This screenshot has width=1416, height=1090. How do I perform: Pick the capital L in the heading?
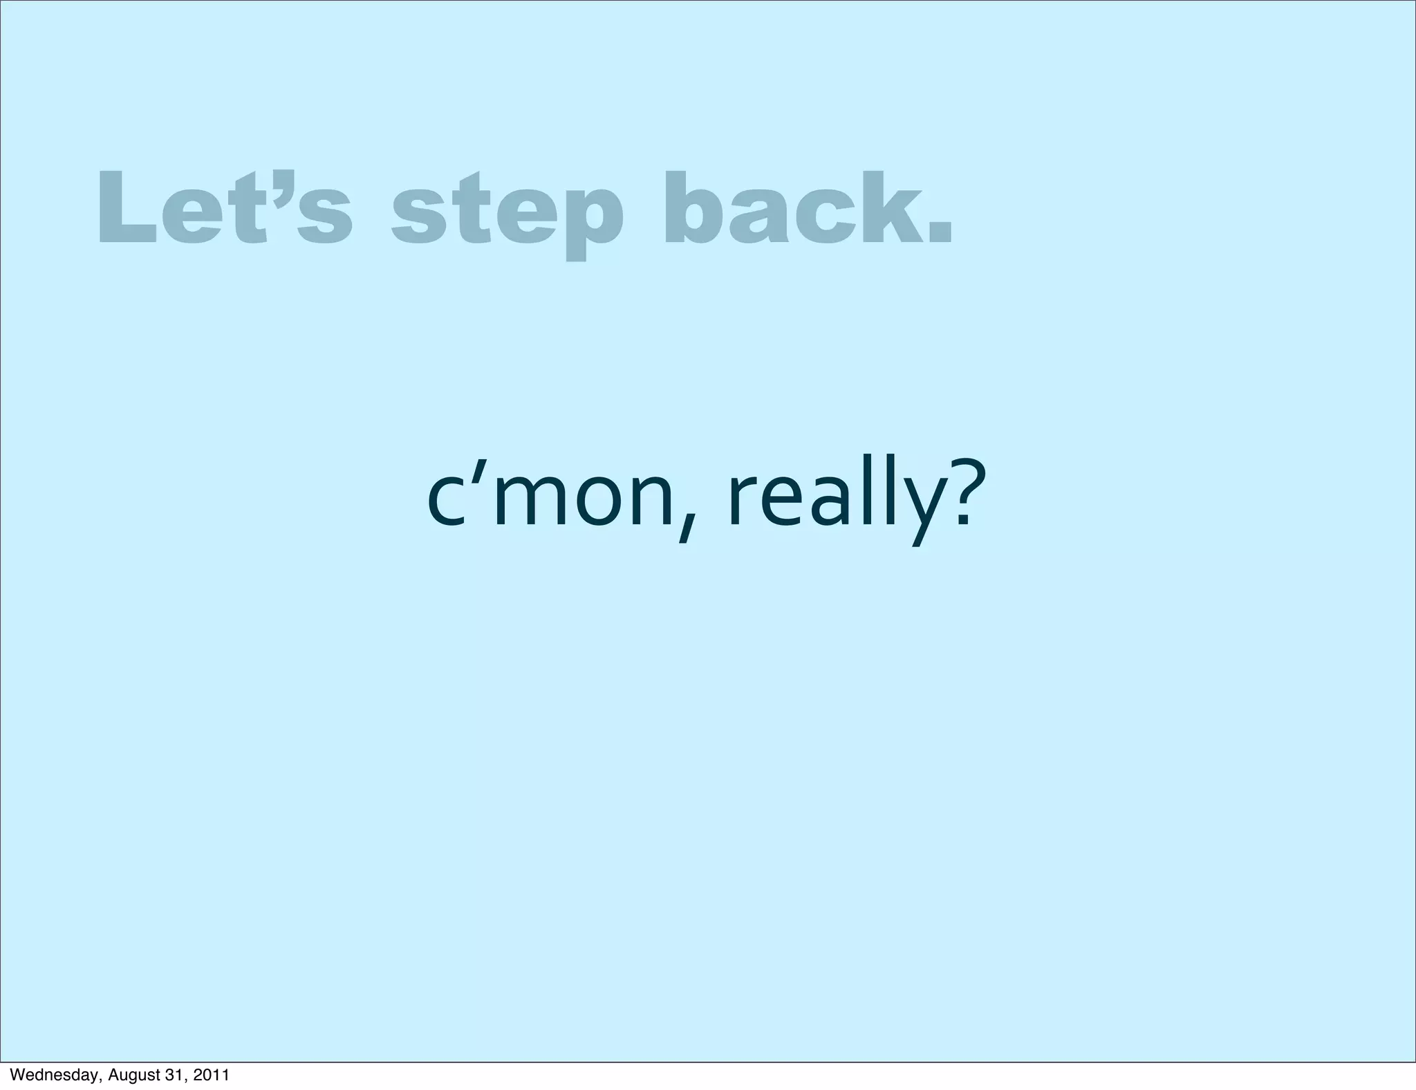[x=124, y=207]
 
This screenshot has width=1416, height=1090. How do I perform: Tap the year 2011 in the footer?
[x=210, y=1075]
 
